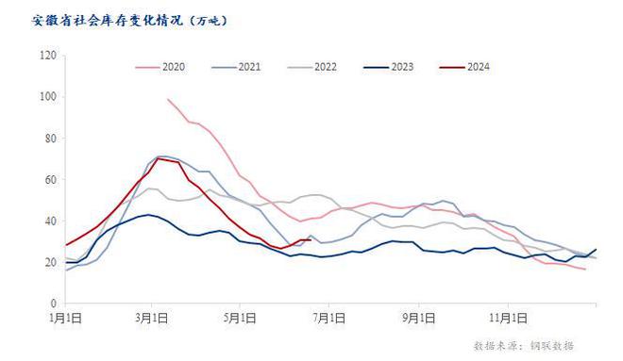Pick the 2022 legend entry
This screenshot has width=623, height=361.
(x=326, y=67)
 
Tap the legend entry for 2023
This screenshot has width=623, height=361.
(x=402, y=67)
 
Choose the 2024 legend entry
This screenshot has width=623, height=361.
(x=479, y=67)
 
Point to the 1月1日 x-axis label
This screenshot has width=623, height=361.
(x=66, y=317)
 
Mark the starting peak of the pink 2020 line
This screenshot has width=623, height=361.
(x=168, y=99)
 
